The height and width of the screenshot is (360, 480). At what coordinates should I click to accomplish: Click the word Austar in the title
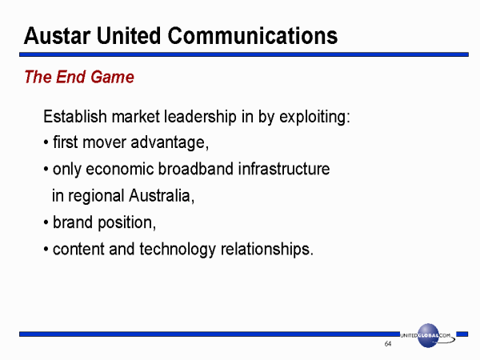pos(58,36)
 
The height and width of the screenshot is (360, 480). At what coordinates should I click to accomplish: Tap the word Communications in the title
pos(253,36)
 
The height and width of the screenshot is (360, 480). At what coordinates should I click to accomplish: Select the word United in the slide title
pos(129,36)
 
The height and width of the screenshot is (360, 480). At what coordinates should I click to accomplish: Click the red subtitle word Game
pos(112,77)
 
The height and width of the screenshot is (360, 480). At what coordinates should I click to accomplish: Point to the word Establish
pos(75,116)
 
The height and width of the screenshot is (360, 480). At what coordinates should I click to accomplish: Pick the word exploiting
pos(314,117)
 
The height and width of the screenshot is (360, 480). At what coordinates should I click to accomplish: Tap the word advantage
pos(170,143)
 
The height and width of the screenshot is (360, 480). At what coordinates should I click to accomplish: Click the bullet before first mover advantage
pos(46,142)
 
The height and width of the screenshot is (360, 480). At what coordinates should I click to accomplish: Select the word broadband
pos(196,169)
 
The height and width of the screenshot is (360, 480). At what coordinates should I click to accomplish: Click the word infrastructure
pos(284,169)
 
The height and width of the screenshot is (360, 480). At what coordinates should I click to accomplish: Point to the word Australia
pos(162,196)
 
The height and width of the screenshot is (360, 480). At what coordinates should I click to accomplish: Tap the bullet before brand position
pos(46,222)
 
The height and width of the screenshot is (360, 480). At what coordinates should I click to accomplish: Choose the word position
pos(126,223)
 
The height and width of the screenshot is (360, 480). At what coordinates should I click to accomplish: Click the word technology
pos(178,249)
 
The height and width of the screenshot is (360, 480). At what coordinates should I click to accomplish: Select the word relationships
pos(267,249)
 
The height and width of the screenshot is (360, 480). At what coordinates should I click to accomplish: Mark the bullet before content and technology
pos(46,249)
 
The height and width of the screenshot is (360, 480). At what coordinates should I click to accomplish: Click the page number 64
pos(388,344)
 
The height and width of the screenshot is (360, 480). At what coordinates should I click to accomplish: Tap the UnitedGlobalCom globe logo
pos(428,335)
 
